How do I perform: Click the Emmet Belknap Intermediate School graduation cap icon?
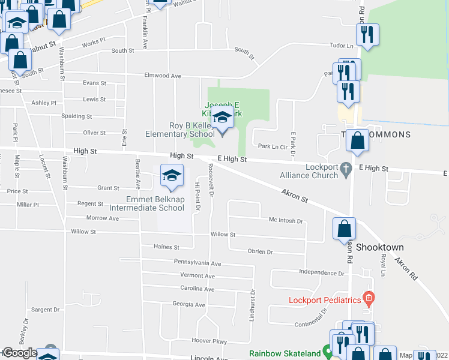pyautogui.click(x=172, y=176)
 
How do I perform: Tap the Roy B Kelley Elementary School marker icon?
pyautogui.click(x=222, y=118)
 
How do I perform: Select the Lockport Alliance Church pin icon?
pyautogui.click(x=346, y=170)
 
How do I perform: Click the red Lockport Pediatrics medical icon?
pyautogui.click(x=369, y=298)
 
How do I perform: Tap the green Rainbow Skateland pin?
pyautogui.click(x=328, y=352)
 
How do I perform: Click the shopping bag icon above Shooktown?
pyautogui.click(x=344, y=229)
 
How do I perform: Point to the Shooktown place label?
pyautogui.click(x=379, y=247)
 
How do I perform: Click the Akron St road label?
pyautogui.click(x=294, y=195)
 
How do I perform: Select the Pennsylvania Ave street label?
pyautogui.click(x=197, y=263)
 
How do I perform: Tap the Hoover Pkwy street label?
pyautogui.click(x=209, y=341)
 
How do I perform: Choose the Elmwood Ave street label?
pyautogui.click(x=163, y=76)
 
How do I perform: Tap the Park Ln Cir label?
pyautogui.click(x=273, y=146)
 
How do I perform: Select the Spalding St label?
pyautogui.click(x=77, y=116)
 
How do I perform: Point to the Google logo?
pyautogui.click(x=20, y=353)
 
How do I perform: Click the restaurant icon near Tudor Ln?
pyautogui.click(x=368, y=35)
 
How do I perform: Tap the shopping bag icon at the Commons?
pyautogui.click(x=358, y=142)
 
